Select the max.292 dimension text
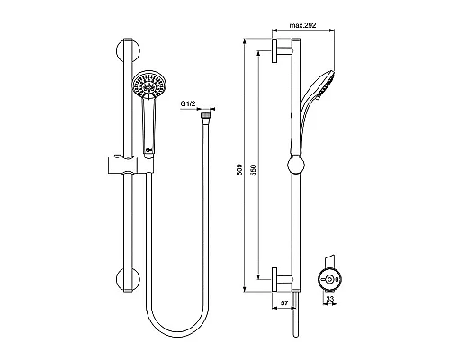[315, 27]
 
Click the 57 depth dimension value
[285, 304]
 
